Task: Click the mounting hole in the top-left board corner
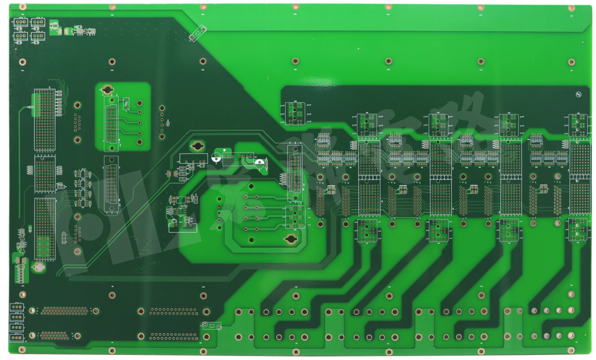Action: pyautogui.click(x=23, y=7)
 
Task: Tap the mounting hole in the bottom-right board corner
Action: pyautogui.click(x=571, y=350)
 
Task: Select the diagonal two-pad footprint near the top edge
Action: pyautogui.click(x=197, y=33)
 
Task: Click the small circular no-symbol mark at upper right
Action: pyautogui.click(x=579, y=95)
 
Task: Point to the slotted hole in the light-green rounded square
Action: pyautogui.click(x=107, y=90)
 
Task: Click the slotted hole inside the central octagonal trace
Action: pyautogui.click(x=291, y=239)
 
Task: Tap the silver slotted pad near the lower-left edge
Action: pyautogui.click(x=39, y=267)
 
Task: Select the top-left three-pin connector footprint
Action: pyautogui.click(x=21, y=22)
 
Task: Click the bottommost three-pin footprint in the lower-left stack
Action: pyautogui.click(x=16, y=338)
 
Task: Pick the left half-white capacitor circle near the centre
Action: pyautogui.click(x=216, y=157)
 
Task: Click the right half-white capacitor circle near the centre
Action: pyautogui.click(x=260, y=163)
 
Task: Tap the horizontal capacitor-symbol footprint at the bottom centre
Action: pyautogui.click(x=212, y=325)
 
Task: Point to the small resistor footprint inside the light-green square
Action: pyautogui.click(x=126, y=103)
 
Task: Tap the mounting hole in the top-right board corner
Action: pyautogui.click(x=571, y=8)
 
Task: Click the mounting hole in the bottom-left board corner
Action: pyautogui.click(x=22, y=350)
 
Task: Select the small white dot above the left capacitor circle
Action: pyautogui.click(x=224, y=150)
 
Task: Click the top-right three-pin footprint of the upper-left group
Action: pyautogui.click(x=38, y=22)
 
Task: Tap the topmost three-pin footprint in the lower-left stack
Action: pyautogui.click(x=16, y=307)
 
